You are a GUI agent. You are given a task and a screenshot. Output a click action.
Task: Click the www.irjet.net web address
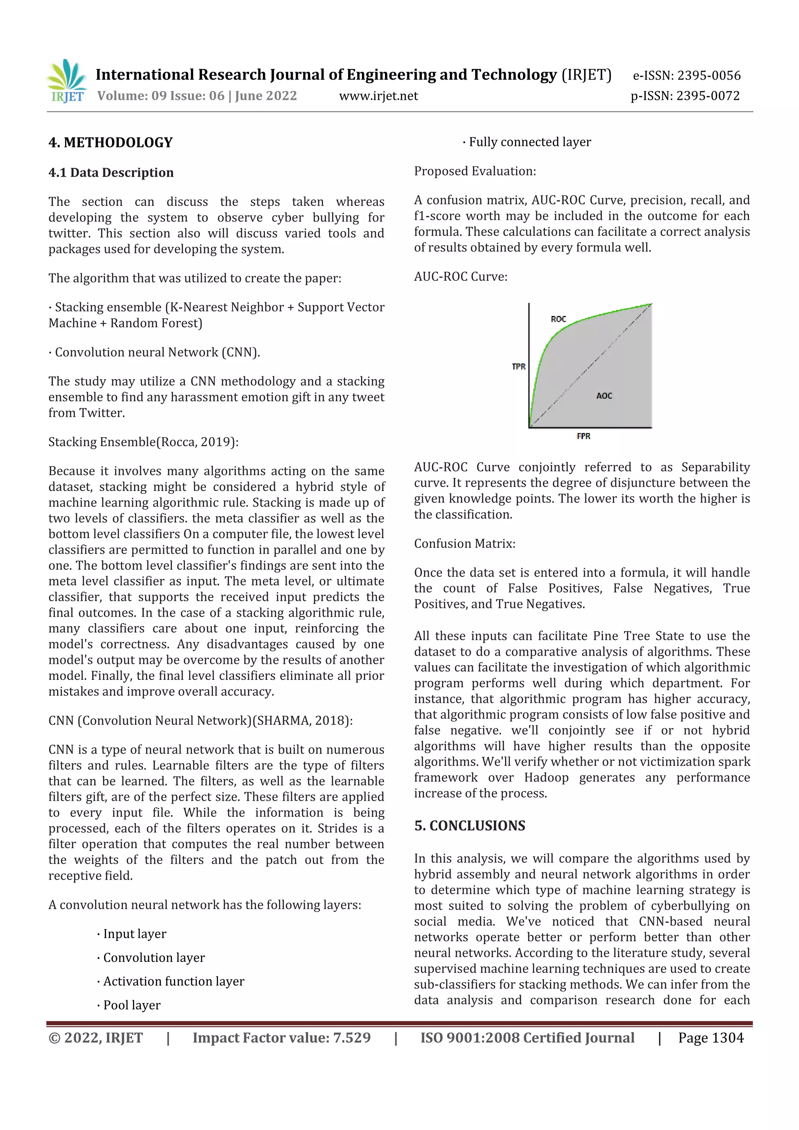(x=378, y=96)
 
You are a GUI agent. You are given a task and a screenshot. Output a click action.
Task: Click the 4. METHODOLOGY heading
(x=111, y=143)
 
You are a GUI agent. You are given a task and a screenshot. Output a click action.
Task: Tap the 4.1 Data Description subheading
(x=111, y=173)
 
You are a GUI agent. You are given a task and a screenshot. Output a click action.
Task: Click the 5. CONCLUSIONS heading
(x=470, y=825)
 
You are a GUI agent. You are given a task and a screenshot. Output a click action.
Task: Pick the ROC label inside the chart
(x=558, y=319)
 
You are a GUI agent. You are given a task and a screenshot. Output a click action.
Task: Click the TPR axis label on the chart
(x=518, y=367)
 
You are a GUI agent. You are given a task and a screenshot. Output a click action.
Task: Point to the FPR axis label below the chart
(x=583, y=436)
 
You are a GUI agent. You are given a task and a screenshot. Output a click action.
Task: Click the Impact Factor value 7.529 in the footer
(x=282, y=1038)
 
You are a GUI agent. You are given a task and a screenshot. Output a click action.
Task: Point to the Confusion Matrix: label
(x=464, y=543)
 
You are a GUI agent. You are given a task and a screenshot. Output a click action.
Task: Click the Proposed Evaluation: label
(x=474, y=171)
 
